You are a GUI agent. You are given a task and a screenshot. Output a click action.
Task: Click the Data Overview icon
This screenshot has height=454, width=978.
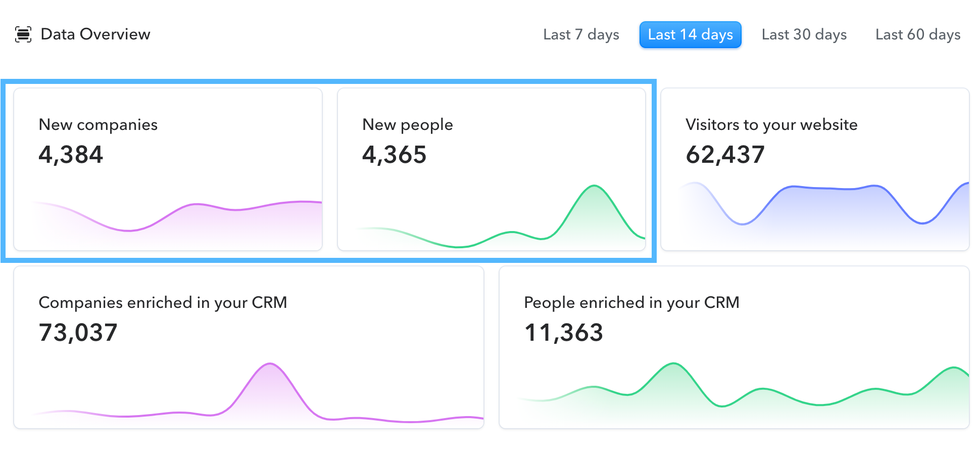pos(23,34)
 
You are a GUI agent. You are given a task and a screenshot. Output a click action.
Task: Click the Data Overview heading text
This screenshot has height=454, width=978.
pos(95,34)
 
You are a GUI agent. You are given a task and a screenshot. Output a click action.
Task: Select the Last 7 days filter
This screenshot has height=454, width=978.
pos(581,35)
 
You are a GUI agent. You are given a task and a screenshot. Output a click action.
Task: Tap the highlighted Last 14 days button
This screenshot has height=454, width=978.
pos(690,35)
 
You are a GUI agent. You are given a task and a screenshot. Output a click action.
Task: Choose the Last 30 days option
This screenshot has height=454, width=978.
pos(804,35)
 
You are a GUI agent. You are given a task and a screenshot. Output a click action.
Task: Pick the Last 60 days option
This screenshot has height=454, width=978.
pos(917,35)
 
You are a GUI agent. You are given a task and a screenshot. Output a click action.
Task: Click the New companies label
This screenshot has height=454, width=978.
pos(98,125)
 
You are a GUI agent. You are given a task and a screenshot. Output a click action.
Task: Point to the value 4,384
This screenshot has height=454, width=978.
pos(71,155)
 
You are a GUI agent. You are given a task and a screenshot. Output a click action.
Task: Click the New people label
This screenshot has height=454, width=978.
pos(407,125)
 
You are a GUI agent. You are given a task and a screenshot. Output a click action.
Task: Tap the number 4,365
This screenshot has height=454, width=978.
pos(394,155)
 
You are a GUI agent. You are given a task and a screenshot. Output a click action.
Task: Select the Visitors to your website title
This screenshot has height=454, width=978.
pos(771,125)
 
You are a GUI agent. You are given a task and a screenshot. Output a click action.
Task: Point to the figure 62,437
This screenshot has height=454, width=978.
pos(725,155)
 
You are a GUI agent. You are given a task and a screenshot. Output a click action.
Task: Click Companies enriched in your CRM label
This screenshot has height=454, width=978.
pos(163,303)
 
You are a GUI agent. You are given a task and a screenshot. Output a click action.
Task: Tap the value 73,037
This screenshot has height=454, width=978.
pos(78,333)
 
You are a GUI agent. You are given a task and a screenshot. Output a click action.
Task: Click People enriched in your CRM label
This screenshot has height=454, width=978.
pos(631,303)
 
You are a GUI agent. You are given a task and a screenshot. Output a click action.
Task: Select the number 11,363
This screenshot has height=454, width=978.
pos(563,333)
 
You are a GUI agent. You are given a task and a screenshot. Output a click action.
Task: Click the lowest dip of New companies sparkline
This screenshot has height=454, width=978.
pos(129,231)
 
